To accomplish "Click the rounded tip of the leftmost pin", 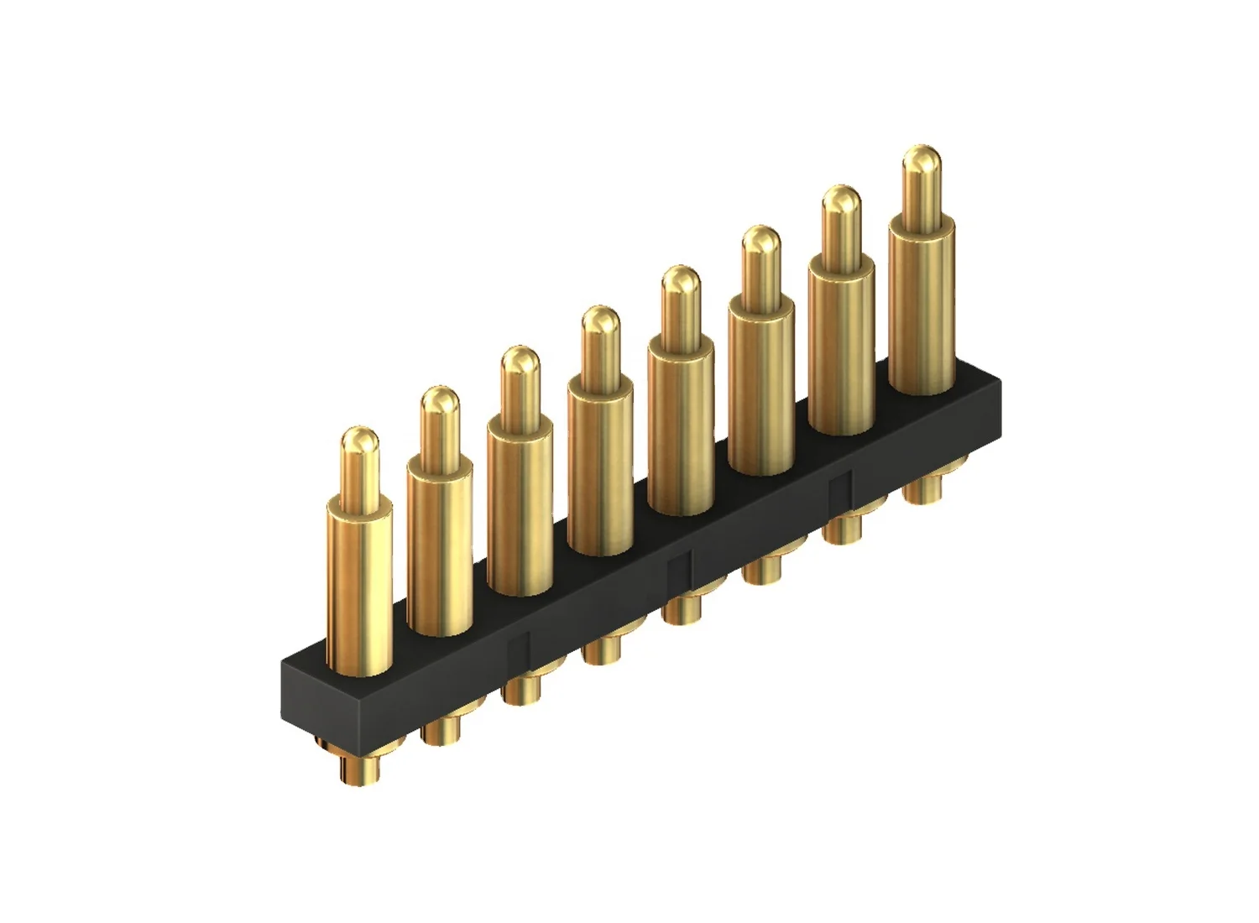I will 359,443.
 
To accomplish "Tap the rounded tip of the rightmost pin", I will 921,161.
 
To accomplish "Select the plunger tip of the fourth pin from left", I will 600,322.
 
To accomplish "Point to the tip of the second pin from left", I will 439,403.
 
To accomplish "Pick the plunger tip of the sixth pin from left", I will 761,242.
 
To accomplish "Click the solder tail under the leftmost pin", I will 358,768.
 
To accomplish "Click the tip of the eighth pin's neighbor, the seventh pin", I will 841,201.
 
